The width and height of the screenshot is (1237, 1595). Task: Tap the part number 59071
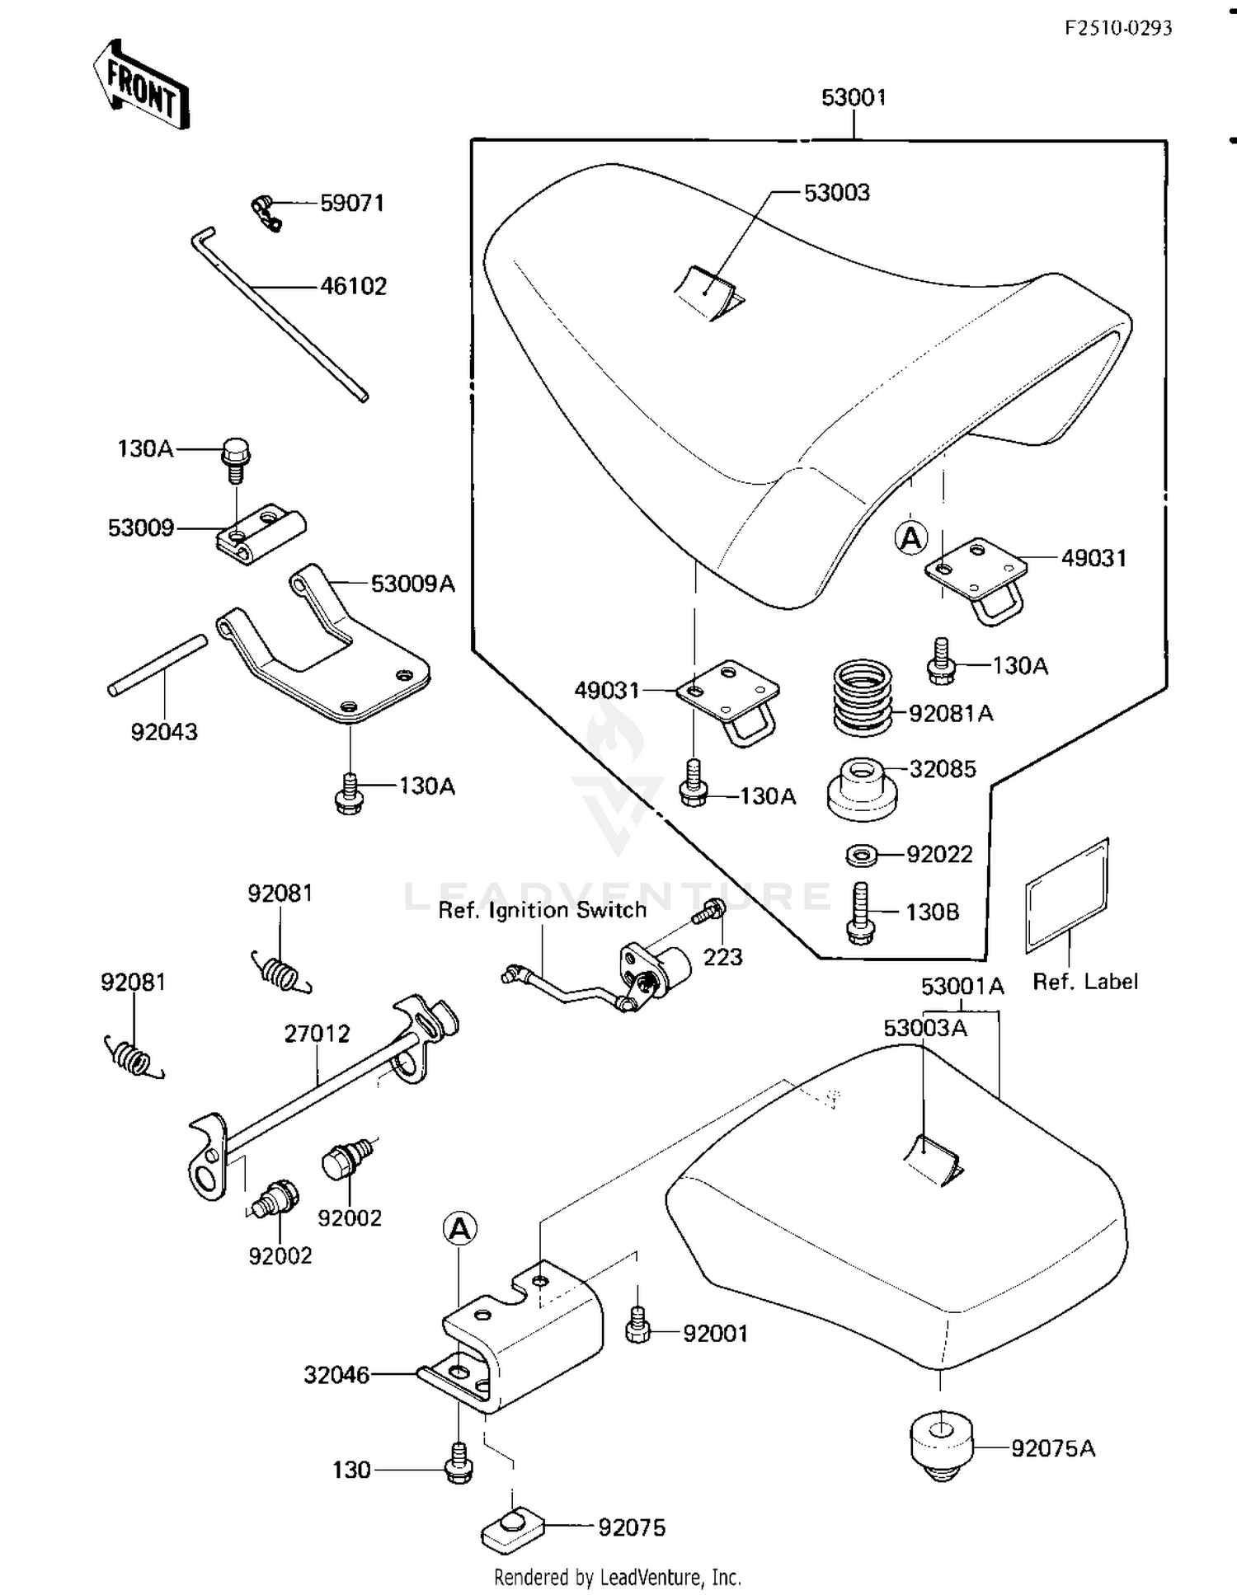[x=352, y=203]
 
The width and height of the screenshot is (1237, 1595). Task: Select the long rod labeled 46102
[x=280, y=317]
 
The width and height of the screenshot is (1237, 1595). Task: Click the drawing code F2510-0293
[x=1117, y=28]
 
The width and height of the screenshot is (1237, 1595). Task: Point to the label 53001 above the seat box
[x=854, y=97]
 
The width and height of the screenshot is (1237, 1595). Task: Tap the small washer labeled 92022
[x=862, y=855]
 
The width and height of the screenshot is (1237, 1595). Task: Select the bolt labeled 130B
[x=860, y=912]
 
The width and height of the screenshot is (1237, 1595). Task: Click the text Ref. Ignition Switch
[x=542, y=910]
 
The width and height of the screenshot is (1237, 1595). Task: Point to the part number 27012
[x=317, y=1033]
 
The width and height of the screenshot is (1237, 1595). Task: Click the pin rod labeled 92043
[x=157, y=665]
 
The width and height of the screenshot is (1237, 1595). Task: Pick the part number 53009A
[x=412, y=584]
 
